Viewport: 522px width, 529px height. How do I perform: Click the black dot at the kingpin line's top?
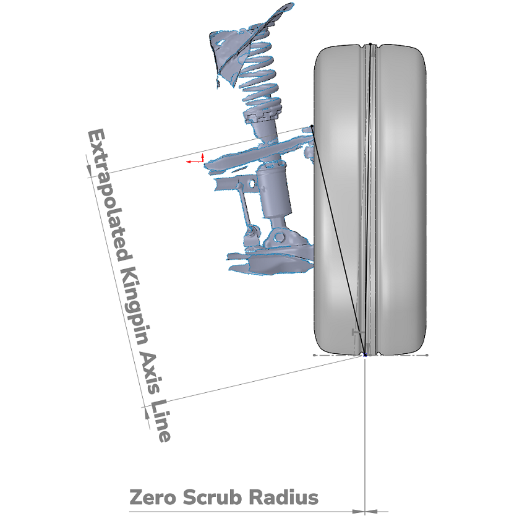[312, 126]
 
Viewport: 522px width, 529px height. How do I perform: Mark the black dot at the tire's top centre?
[370, 44]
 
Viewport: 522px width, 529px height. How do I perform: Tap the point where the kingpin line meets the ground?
[365, 355]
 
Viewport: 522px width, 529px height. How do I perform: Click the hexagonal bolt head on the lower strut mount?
[278, 237]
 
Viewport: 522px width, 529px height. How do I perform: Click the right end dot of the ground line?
[427, 355]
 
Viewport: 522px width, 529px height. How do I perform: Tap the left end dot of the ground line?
[314, 355]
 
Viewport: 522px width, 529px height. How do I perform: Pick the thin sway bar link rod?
[244, 206]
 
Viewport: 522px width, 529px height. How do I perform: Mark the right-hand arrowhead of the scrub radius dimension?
[371, 512]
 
